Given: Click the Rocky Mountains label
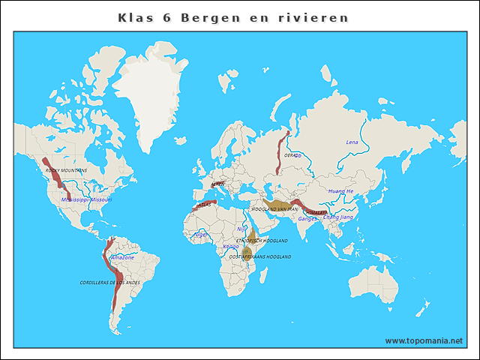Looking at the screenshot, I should (x=66, y=170).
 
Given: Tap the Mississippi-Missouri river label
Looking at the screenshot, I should (x=86, y=200).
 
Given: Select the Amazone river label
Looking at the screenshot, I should (x=122, y=257).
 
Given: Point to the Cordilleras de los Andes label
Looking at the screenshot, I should (x=109, y=282).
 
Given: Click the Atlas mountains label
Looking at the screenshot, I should (x=203, y=204).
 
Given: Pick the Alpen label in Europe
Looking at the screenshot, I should (x=217, y=183).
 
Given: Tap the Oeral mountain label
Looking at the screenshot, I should (x=292, y=155).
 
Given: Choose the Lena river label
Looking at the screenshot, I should (x=352, y=142).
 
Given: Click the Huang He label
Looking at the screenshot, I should (x=340, y=191).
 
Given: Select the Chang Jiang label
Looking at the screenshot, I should (x=337, y=217).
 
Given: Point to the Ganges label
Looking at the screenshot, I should (x=307, y=219).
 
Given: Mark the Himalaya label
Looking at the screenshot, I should (x=316, y=212).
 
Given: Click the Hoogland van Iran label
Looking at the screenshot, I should (x=274, y=208).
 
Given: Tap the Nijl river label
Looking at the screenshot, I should (x=241, y=229).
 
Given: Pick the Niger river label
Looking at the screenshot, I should (x=200, y=234).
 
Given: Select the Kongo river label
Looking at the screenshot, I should (x=231, y=246).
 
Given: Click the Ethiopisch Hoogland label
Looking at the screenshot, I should (x=262, y=241).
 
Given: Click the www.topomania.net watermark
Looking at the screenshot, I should (x=424, y=340).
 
